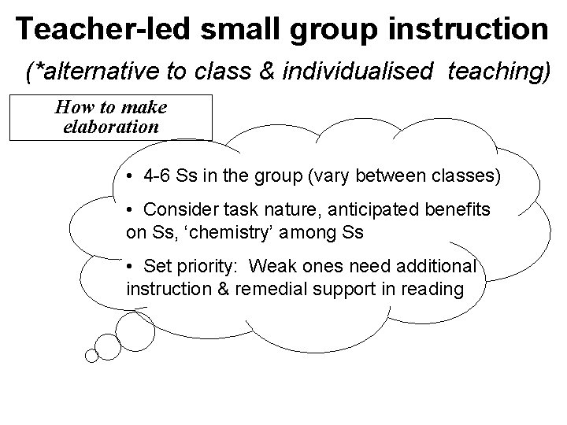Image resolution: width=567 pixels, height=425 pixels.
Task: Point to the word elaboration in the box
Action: point(110,126)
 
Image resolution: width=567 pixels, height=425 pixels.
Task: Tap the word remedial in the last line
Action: point(272,288)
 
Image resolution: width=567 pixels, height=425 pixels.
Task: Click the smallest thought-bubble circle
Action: point(91,356)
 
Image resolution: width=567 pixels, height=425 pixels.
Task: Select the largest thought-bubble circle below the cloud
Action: point(131,327)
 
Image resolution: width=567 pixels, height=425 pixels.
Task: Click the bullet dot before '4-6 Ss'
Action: point(129,176)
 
